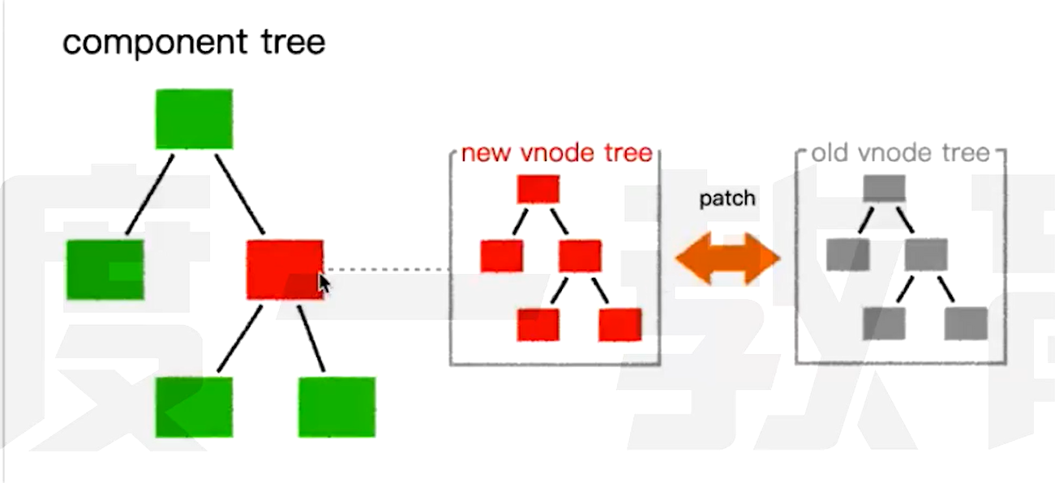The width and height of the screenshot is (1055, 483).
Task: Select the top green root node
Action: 194,119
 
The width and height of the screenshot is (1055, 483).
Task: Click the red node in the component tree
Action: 284,269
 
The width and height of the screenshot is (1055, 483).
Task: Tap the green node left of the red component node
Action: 105,269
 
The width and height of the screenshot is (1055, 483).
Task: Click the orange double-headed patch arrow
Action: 727,259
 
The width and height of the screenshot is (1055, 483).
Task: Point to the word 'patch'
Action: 727,199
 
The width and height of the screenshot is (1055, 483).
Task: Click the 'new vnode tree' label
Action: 556,153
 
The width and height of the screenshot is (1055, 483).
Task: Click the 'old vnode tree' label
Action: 900,153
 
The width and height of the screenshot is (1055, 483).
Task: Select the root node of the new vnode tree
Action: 538,189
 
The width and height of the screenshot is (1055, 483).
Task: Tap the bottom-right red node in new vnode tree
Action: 620,324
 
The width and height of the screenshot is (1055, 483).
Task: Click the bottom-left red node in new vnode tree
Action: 538,324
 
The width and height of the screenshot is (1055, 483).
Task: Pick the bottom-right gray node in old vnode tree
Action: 966,323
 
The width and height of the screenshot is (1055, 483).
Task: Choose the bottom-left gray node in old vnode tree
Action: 885,323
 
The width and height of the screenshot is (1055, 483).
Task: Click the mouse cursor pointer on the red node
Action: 324,284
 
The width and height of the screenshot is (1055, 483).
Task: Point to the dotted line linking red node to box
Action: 388,269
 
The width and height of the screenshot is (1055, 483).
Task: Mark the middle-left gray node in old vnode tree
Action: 847,255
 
